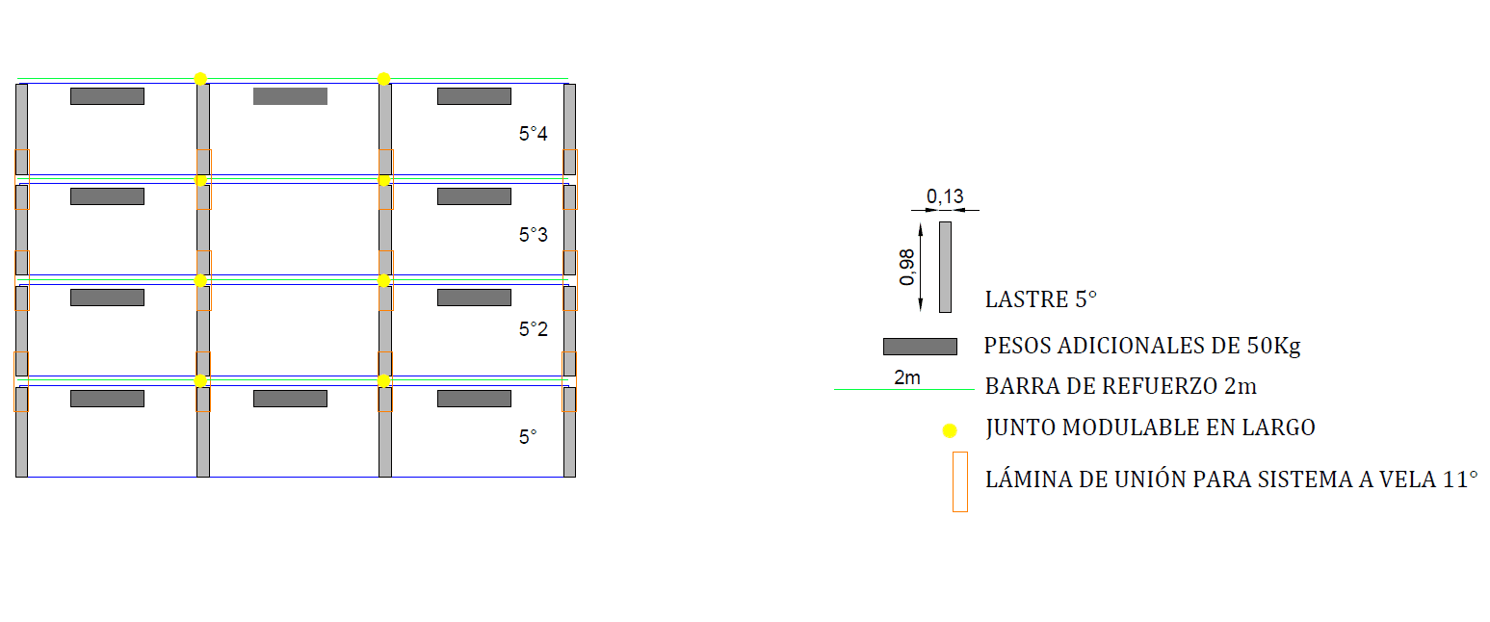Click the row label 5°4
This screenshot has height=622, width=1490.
click(533, 134)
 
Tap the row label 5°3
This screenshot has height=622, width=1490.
click(533, 234)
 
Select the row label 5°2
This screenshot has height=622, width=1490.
click(533, 329)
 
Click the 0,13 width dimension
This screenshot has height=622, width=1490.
click(945, 196)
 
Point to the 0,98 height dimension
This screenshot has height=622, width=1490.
click(907, 267)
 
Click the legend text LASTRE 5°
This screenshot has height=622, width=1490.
click(1040, 299)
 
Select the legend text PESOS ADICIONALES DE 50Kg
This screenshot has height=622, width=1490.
click(1141, 345)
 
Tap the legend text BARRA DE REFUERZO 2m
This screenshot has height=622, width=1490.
click(1120, 386)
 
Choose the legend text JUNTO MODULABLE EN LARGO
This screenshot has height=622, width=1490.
click(1150, 427)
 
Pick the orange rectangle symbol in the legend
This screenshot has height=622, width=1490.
click(959, 481)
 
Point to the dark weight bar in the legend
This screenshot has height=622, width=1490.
click(920, 347)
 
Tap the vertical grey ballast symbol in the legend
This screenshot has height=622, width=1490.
click(945, 267)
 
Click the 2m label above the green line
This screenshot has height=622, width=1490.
click(907, 377)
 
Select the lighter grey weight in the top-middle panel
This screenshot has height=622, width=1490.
click(290, 96)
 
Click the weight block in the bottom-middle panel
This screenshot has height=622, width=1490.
click(290, 399)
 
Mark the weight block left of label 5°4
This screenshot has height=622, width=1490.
click(474, 96)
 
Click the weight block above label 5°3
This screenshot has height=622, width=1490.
click(474, 196)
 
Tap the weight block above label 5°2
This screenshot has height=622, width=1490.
click(474, 298)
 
